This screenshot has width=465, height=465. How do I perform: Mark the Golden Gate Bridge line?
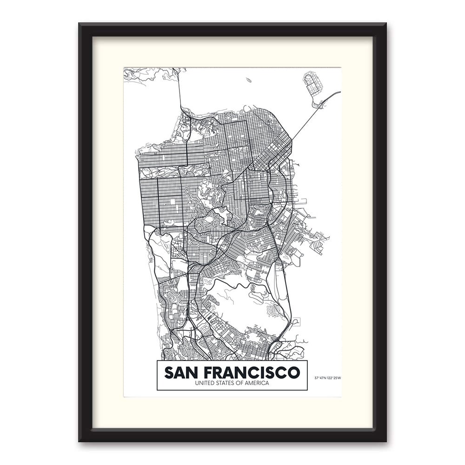tap(180, 91)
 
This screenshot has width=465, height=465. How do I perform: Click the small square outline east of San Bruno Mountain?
tap(296, 321)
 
